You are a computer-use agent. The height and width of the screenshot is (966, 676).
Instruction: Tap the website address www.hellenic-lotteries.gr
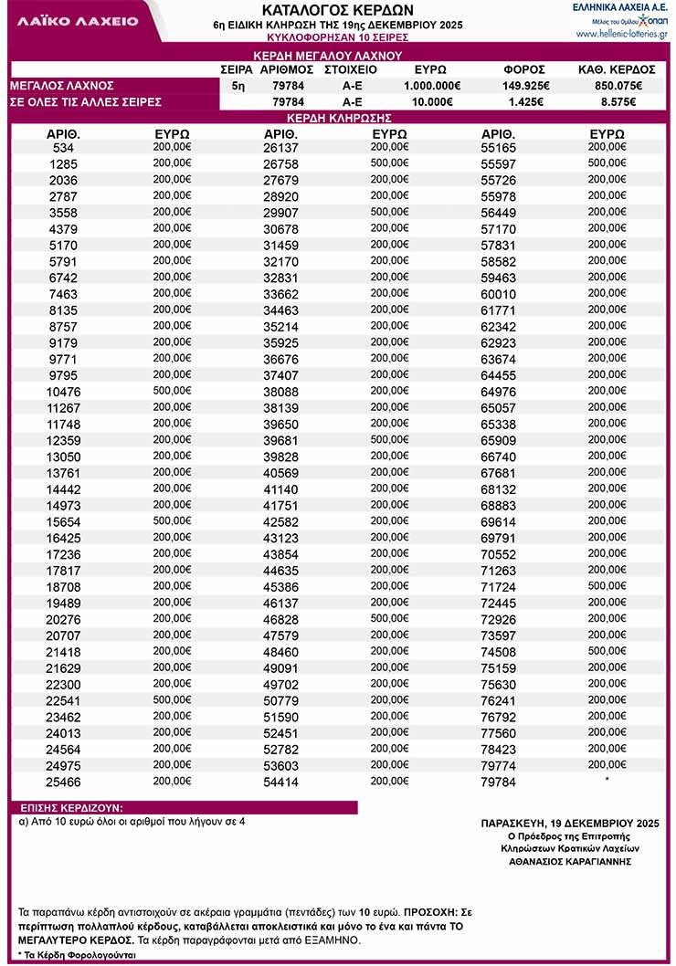pos(621,34)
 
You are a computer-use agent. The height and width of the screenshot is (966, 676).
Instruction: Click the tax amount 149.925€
pos(524,85)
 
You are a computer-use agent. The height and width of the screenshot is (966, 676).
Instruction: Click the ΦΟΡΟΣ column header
pos(524,69)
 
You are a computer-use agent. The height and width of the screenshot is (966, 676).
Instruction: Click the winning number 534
pos(64,147)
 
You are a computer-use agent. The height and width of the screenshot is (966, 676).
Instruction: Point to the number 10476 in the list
pos(64,392)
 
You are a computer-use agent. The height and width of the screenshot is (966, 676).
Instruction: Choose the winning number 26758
pos(280,163)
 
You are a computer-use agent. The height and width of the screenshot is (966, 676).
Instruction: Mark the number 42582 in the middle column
pos(280,522)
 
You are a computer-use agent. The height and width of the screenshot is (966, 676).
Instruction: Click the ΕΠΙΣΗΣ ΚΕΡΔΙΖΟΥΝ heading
pos(71,808)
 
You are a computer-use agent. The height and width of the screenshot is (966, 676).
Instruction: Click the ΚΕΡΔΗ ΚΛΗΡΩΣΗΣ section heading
pos(339,118)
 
